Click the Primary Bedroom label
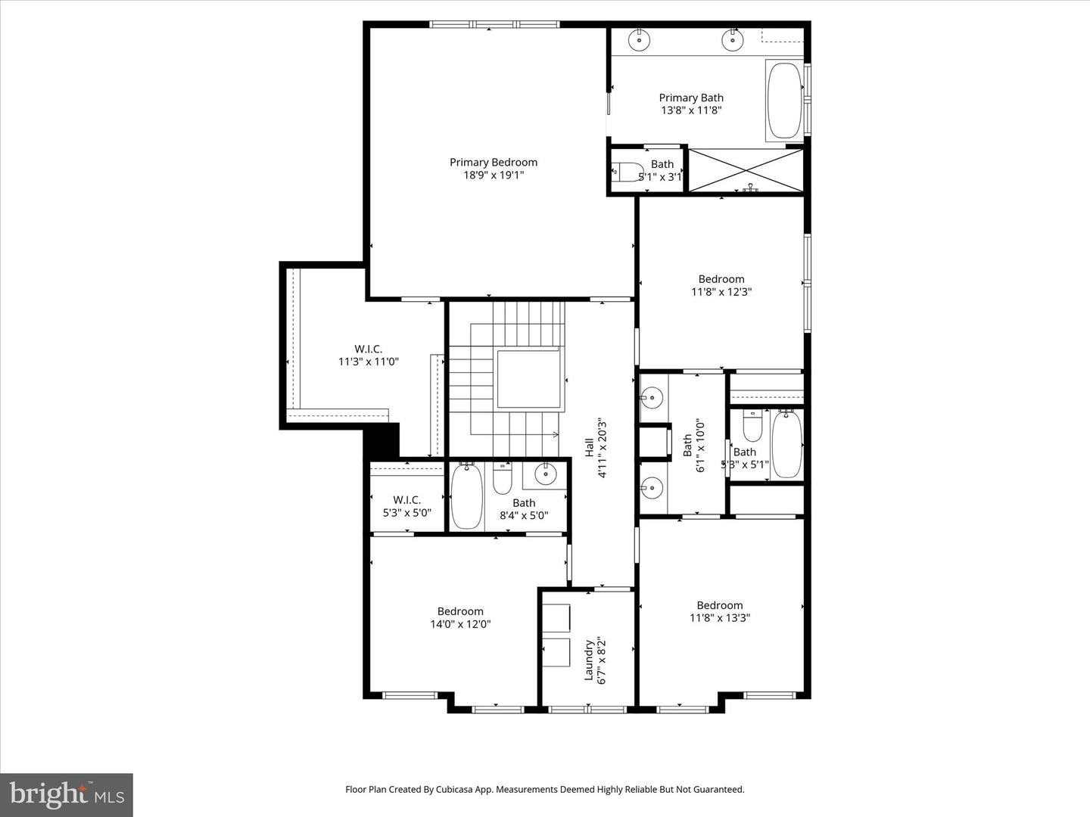click(494, 162)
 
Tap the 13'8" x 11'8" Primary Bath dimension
click(691, 110)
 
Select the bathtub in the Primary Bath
click(784, 101)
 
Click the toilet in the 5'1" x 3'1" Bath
click(626, 172)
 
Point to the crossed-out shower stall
click(746, 171)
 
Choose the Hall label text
click(589, 447)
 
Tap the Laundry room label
click(589, 660)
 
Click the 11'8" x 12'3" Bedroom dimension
click(721, 292)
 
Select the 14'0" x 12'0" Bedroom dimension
click(460, 625)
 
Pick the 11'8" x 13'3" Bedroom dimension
click(719, 618)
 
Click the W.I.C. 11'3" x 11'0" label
click(368, 356)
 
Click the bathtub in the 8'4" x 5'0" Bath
click(466, 497)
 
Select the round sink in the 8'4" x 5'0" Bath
click(545, 474)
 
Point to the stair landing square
click(528, 378)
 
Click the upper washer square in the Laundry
click(556, 618)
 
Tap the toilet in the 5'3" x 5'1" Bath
click(752, 426)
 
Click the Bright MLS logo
click(67, 794)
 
